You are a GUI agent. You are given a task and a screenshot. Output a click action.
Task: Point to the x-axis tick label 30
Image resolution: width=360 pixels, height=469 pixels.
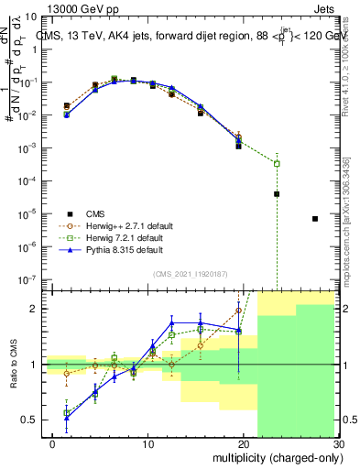[337, 444]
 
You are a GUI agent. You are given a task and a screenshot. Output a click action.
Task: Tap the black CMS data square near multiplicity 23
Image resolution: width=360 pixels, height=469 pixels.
[277, 194]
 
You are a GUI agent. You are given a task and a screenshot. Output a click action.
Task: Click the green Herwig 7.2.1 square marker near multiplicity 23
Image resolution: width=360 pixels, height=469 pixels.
[277, 163]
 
